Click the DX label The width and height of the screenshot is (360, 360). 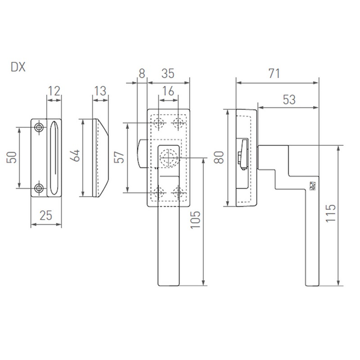pyautogui.click(x=18, y=67)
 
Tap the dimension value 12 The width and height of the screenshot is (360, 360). pyautogui.click(x=54, y=91)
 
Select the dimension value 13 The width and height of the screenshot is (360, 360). pyautogui.click(x=100, y=91)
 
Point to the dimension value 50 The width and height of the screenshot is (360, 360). pyautogui.click(x=12, y=158)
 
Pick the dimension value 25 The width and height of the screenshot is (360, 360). pyautogui.click(x=46, y=216)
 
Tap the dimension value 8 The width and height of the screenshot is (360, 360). pyautogui.click(x=142, y=74)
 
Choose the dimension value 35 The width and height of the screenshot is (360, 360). pyautogui.click(x=168, y=74)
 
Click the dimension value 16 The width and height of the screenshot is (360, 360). pyautogui.click(x=168, y=91)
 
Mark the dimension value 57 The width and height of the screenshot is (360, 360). pyautogui.click(x=119, y=157)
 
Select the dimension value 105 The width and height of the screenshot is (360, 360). pyautogui.click(x=196, y=220)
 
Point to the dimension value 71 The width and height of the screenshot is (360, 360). pyautogui.click(x=274, y=74)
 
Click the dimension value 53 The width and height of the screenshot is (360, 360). pyautogui.click(x=289, y=100)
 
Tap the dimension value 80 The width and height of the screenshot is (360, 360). pyautogui.click(x=219, y=157)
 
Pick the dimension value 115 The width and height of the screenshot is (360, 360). pyautogui.click(x=331, y=213)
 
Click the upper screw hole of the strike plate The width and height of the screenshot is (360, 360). pyautogui.click(x=39, y=127)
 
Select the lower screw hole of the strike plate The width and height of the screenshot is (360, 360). pyautogui.click(x=39, y=188)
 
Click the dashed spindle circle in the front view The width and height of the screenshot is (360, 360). pyautogui.click(x=169, y=158)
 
